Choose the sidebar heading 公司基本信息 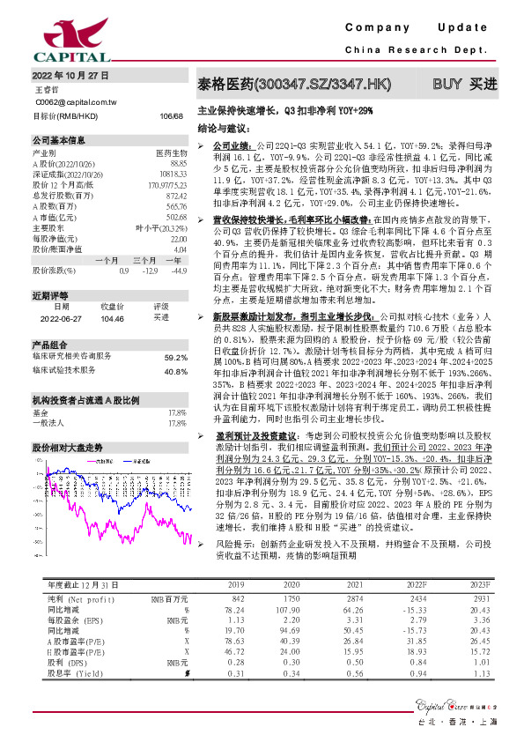click(x=59, y=140)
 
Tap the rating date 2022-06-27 click(x=60, y=317)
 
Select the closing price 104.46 click(x=114, y=317)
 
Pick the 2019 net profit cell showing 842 click(x=236, y=623)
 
